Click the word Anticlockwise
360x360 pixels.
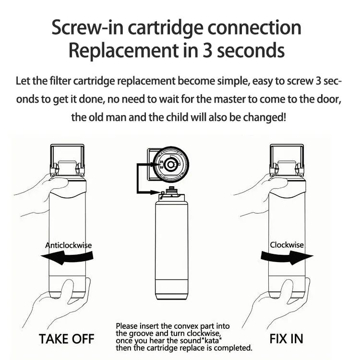[68, 245]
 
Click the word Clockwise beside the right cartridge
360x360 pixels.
[287, 245]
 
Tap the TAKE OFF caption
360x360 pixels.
[66, 338]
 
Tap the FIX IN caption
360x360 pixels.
[286, 338]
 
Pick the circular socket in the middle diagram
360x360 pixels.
[170, 164]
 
